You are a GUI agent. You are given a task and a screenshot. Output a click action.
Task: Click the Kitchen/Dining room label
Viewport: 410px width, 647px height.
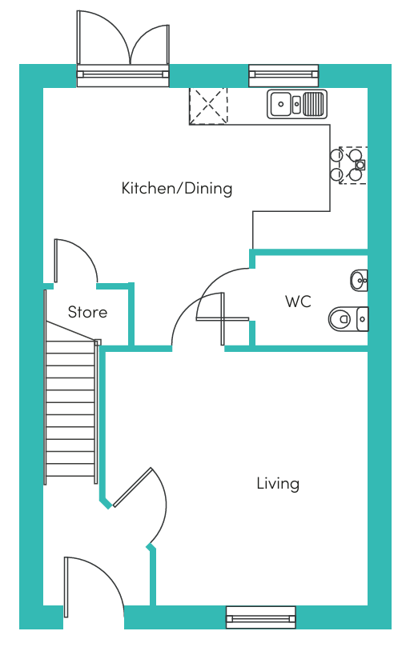176,189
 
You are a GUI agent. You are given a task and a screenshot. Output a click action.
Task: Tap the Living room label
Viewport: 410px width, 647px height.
278,483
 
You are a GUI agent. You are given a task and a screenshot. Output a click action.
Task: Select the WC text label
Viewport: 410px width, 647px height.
298,302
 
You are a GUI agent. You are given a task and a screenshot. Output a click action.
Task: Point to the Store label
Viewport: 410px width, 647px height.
87,312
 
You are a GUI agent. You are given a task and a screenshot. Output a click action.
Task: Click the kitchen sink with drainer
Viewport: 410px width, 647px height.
296,103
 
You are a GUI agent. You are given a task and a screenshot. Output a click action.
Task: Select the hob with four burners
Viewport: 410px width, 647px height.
348,165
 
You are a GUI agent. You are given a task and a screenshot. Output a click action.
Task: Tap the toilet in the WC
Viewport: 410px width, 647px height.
346,318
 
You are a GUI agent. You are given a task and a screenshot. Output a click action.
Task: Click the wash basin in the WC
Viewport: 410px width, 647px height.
359,280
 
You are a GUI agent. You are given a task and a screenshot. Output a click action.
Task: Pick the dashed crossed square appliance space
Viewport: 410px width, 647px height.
208,106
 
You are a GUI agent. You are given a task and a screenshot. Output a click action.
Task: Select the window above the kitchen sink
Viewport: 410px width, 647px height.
283,76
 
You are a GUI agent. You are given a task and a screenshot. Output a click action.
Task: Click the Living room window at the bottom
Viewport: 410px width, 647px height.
261,617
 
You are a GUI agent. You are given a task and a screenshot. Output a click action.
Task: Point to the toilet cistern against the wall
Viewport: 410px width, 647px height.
363,318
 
